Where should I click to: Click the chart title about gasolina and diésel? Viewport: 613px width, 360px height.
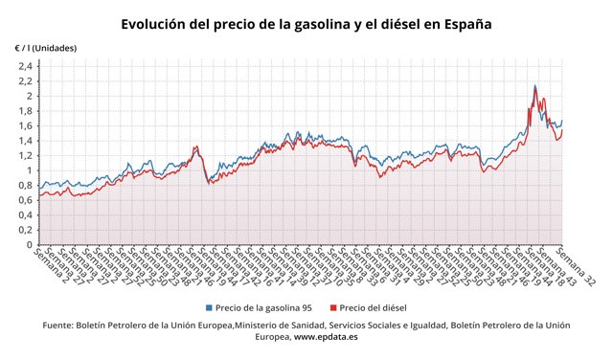pyautogui.click(x=306, y=23)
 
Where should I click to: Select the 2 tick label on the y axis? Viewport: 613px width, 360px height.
pyautogui.click(x=30, y=96)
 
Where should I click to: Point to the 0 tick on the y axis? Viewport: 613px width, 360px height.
pyautogui.click(x=30, y=245)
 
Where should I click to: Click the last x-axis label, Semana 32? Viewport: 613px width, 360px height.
pyautogui.click(x=577, y=268)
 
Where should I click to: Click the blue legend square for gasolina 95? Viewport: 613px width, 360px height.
pyautogui.click(x=210, y=307)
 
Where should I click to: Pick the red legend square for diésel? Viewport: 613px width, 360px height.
pyautogui.click(x=333, y=307)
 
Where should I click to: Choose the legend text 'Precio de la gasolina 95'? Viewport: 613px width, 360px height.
pyautogui.click(x=265, y=307)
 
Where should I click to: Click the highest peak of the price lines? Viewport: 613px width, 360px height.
pyautogui.click(x=534, y=86)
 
